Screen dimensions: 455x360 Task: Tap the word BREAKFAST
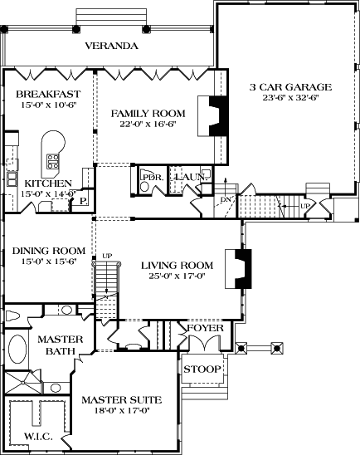pyautogui.click(x=47, y=95)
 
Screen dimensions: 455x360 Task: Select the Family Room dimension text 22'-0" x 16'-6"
pyautogui.click(x=148, y=125)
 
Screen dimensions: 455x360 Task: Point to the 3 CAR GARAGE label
pyautogui.click(x=290, y=86)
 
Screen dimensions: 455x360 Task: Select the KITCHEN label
pyautogui.click(x=47, y=183)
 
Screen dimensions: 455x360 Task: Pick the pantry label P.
pyautogui.click(x=84, y=200)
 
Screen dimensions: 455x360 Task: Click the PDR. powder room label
pyautogui.click(x=150, y=176)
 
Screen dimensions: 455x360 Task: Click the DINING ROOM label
pyautogui.click(x=47, y=250)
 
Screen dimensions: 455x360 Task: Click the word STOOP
pyautogui.click(x=201, y=369)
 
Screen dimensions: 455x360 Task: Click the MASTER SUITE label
pyautogui.click(x=121, y=400)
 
